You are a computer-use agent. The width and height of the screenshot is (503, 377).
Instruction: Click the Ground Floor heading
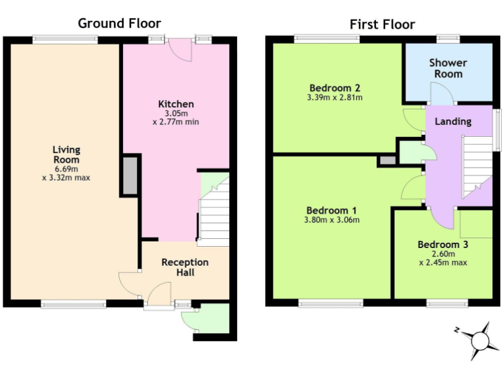pyautogui.click(x=119, y=24)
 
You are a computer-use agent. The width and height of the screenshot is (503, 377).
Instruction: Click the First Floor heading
pyautogui.click(x=382, y=24)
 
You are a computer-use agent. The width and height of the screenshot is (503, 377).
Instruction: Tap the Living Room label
pyautogui.click(x=66, y=154)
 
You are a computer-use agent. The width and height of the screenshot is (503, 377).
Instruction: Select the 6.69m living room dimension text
pyautogui.click(x=66, y=168)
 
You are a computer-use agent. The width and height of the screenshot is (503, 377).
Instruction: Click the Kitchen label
pyautogui.click(x=176, y=104)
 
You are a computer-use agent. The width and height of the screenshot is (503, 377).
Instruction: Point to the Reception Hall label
pyautogui.click(x=185, y=267)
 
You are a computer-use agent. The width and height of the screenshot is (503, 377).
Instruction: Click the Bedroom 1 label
pyautogui.click(x=332, y=210)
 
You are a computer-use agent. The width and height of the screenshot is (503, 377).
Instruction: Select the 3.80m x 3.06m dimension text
pyautogui.click(x=332, y=220)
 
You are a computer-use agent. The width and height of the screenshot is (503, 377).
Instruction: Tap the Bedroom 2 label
pyautogui.click(x=335, y=88)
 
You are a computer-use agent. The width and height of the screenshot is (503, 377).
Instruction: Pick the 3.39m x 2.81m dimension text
pyautogui.click(x=335, y=98)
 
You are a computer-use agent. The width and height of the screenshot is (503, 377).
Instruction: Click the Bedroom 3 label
pyautogui.click(x=443, y=245)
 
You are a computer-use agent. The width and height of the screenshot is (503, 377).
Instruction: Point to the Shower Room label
pyautogui.click(x=448, y=68)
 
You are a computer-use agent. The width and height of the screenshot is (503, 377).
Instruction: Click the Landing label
pyautogui.click(x=453, y=121)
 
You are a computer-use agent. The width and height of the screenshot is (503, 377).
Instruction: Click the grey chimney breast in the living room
pyautogui.click(x=129, y=176)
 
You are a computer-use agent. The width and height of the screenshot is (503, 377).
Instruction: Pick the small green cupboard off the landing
pyautogui.click(x=411, y=153)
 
